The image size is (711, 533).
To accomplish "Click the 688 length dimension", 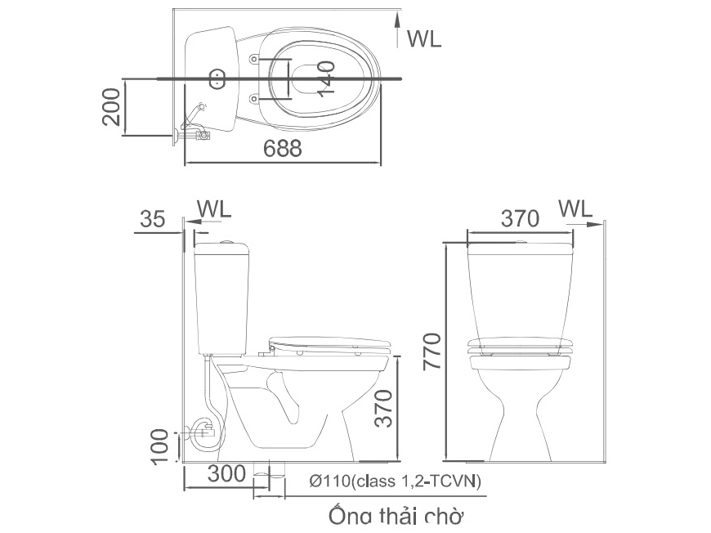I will point(283,148).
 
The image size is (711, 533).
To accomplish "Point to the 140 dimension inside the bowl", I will point(325,78).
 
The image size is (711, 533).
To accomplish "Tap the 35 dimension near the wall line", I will point(152,219).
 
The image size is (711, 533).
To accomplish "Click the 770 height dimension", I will point(432,350).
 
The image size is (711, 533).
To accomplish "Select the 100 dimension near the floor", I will point(163,446).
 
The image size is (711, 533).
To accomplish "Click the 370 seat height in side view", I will point(383,409).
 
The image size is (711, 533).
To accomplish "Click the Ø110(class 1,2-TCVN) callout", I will point(396,481).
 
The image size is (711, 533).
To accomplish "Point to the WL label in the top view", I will point(423,38).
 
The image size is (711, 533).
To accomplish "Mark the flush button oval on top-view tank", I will point(218,79).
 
